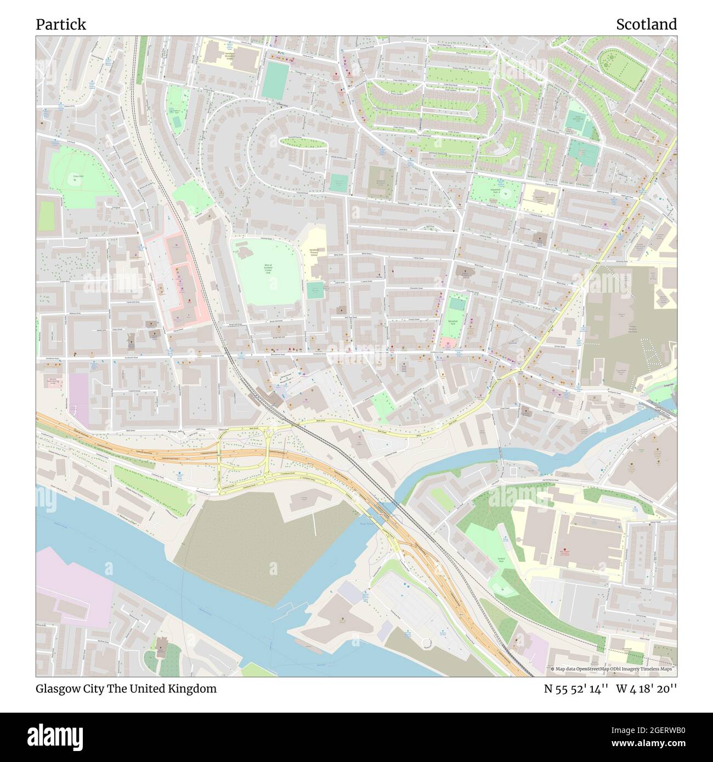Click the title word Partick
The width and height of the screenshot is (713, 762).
(x=61, y=25)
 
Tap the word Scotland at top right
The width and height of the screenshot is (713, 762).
(x=646, y=25)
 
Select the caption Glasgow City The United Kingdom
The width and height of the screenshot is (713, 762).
(x=126, y=689)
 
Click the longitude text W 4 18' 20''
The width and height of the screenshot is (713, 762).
(x=647, y=689)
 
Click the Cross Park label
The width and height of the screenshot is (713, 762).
(x=76, y=177)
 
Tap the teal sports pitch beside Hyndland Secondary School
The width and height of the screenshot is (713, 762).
(x=275, y=80)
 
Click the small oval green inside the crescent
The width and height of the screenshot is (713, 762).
(x=303, y=143)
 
